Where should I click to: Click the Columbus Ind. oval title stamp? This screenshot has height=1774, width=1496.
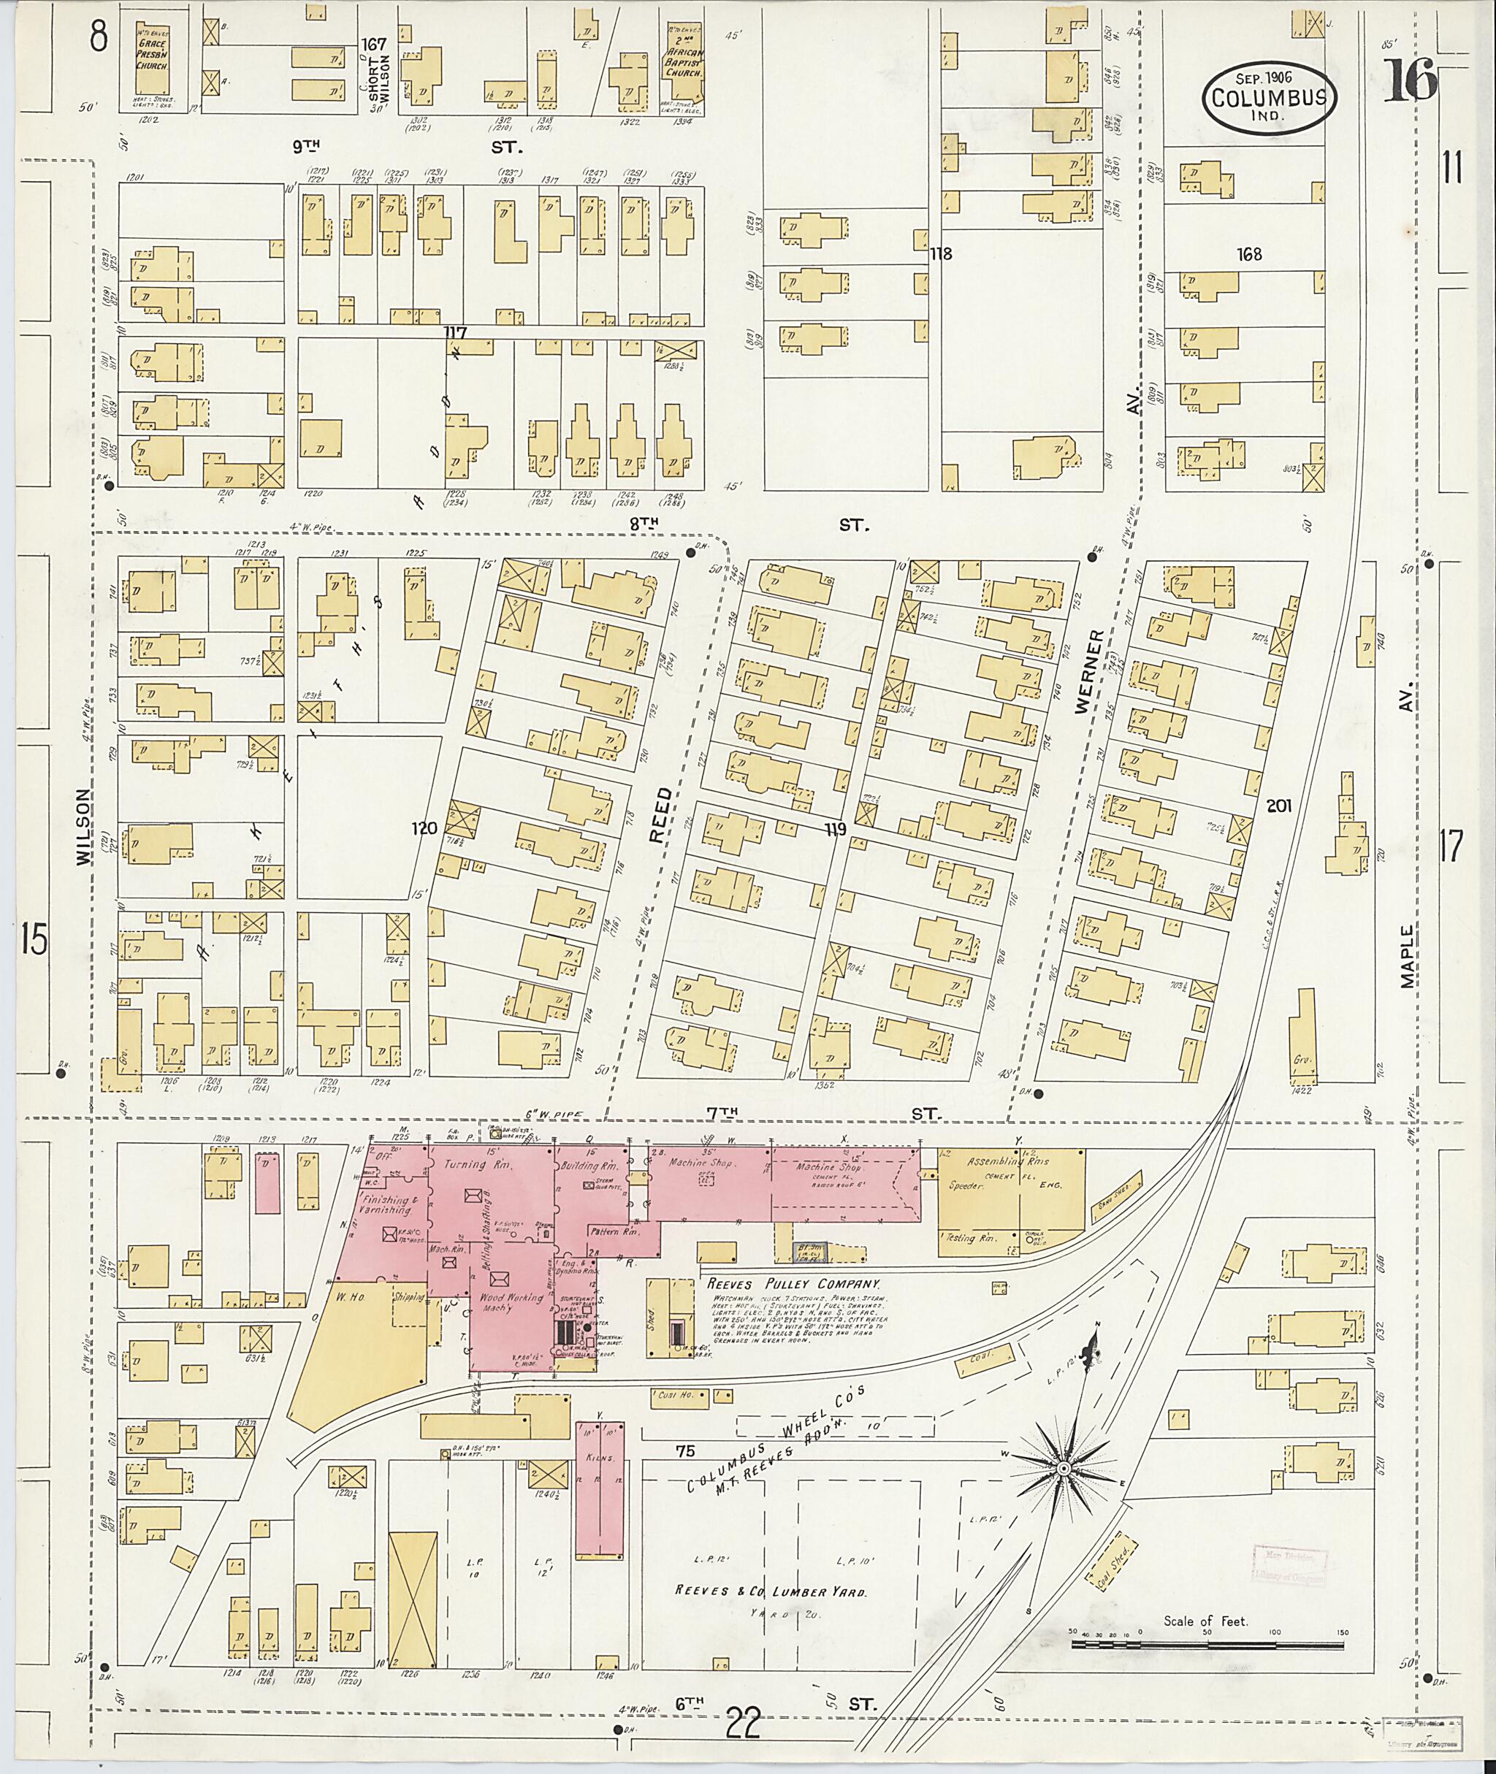point(1270,98)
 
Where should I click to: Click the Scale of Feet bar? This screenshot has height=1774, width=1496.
point(1207,1646)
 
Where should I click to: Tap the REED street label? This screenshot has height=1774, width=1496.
point(660,814)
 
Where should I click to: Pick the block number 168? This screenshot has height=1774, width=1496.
point(1249,253)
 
